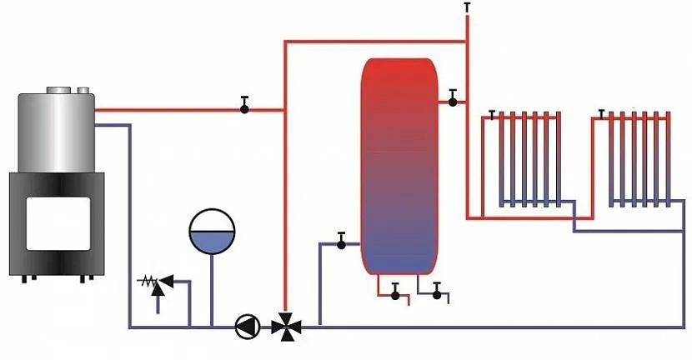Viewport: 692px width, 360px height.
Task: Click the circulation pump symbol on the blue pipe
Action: [245, 325]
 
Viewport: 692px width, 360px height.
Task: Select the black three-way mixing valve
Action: [285, 325]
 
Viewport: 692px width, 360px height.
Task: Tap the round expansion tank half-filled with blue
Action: [211, 231]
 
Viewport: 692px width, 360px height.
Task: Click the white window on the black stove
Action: [56, 220]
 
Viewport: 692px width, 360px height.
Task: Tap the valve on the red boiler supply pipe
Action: [244, 107]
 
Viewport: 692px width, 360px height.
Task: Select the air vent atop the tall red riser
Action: [466, 7]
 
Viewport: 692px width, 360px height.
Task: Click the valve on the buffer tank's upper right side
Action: [452, 100]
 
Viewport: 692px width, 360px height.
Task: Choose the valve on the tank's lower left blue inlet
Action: [341, 242]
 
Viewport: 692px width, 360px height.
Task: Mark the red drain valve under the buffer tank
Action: [394, 292]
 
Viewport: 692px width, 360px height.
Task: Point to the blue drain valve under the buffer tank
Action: [436, 292]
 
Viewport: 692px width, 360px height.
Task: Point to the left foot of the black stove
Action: [26, 277]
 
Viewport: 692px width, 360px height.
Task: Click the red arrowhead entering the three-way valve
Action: [285, 311]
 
